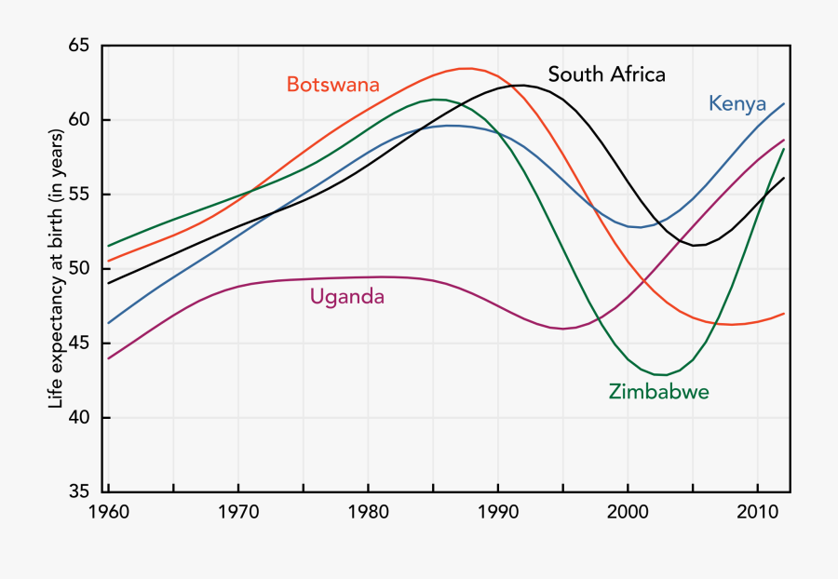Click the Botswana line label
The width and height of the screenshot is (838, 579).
click(332, 85)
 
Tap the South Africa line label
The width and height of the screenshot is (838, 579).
click(606, 74)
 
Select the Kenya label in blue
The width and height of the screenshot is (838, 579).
click(737, 103)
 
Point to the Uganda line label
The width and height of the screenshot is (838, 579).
click(346, 297)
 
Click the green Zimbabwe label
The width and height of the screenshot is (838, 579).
click(658, 392)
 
